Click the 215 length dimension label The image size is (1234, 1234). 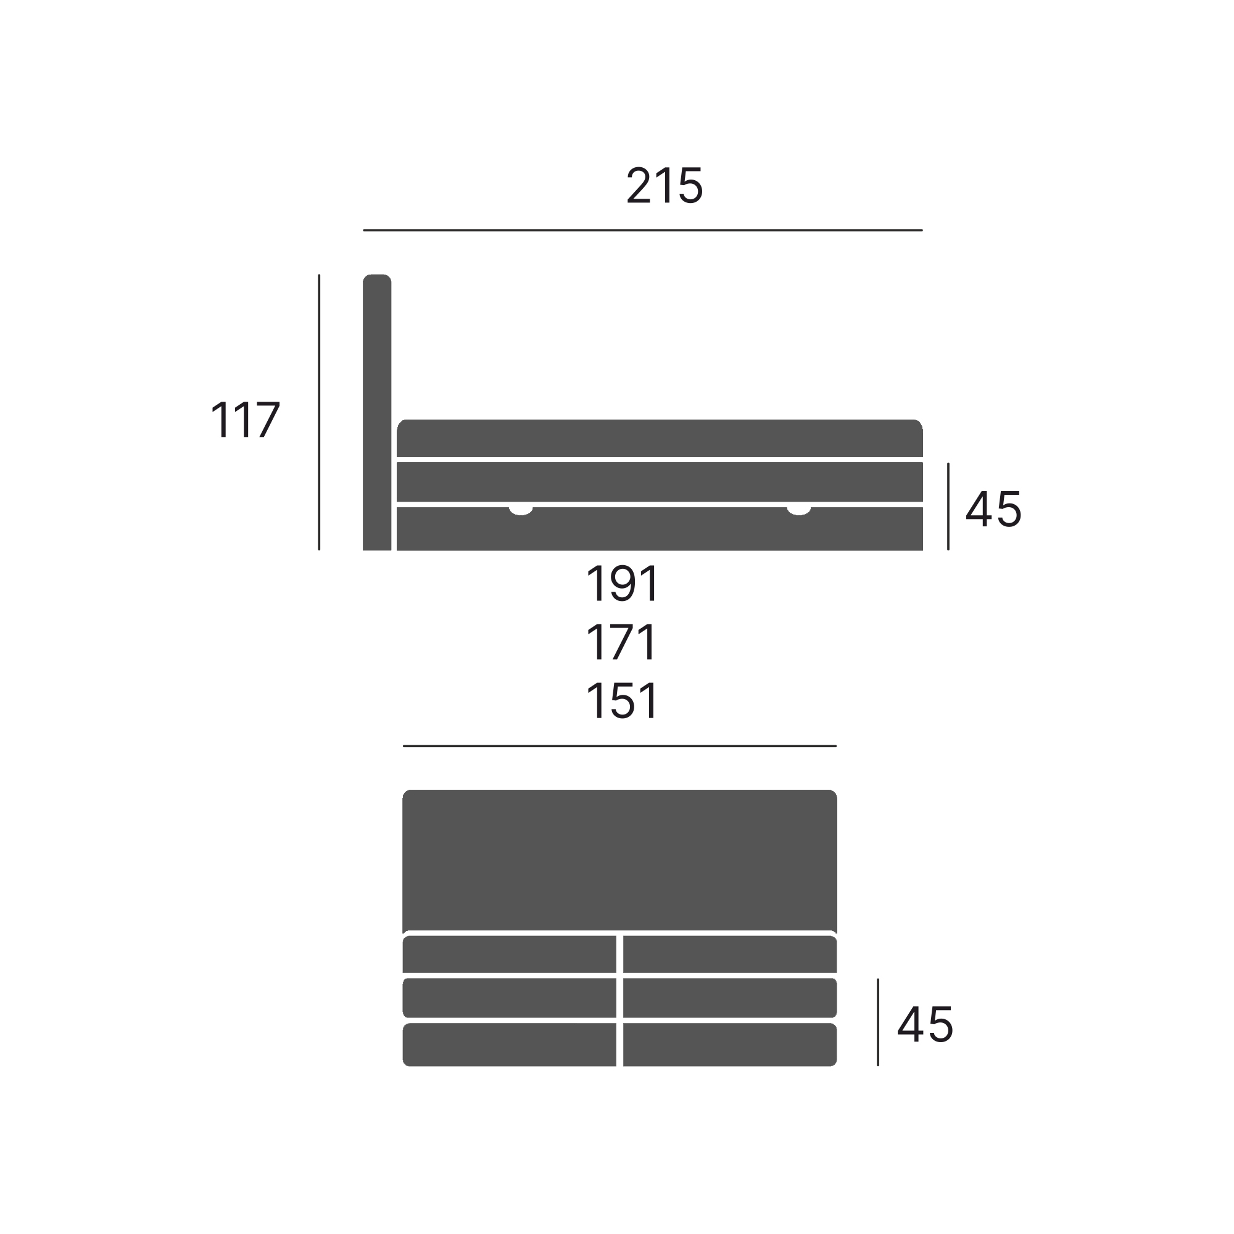click(665, 185)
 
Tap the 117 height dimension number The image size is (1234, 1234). click(246, 420)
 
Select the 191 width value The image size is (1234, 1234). click(622, 583)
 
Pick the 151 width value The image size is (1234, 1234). click(622, 701)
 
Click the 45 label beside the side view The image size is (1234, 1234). click(993, 509)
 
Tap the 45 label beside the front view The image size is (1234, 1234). click(925, 1024)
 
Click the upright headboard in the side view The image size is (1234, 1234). click(377, 412)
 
